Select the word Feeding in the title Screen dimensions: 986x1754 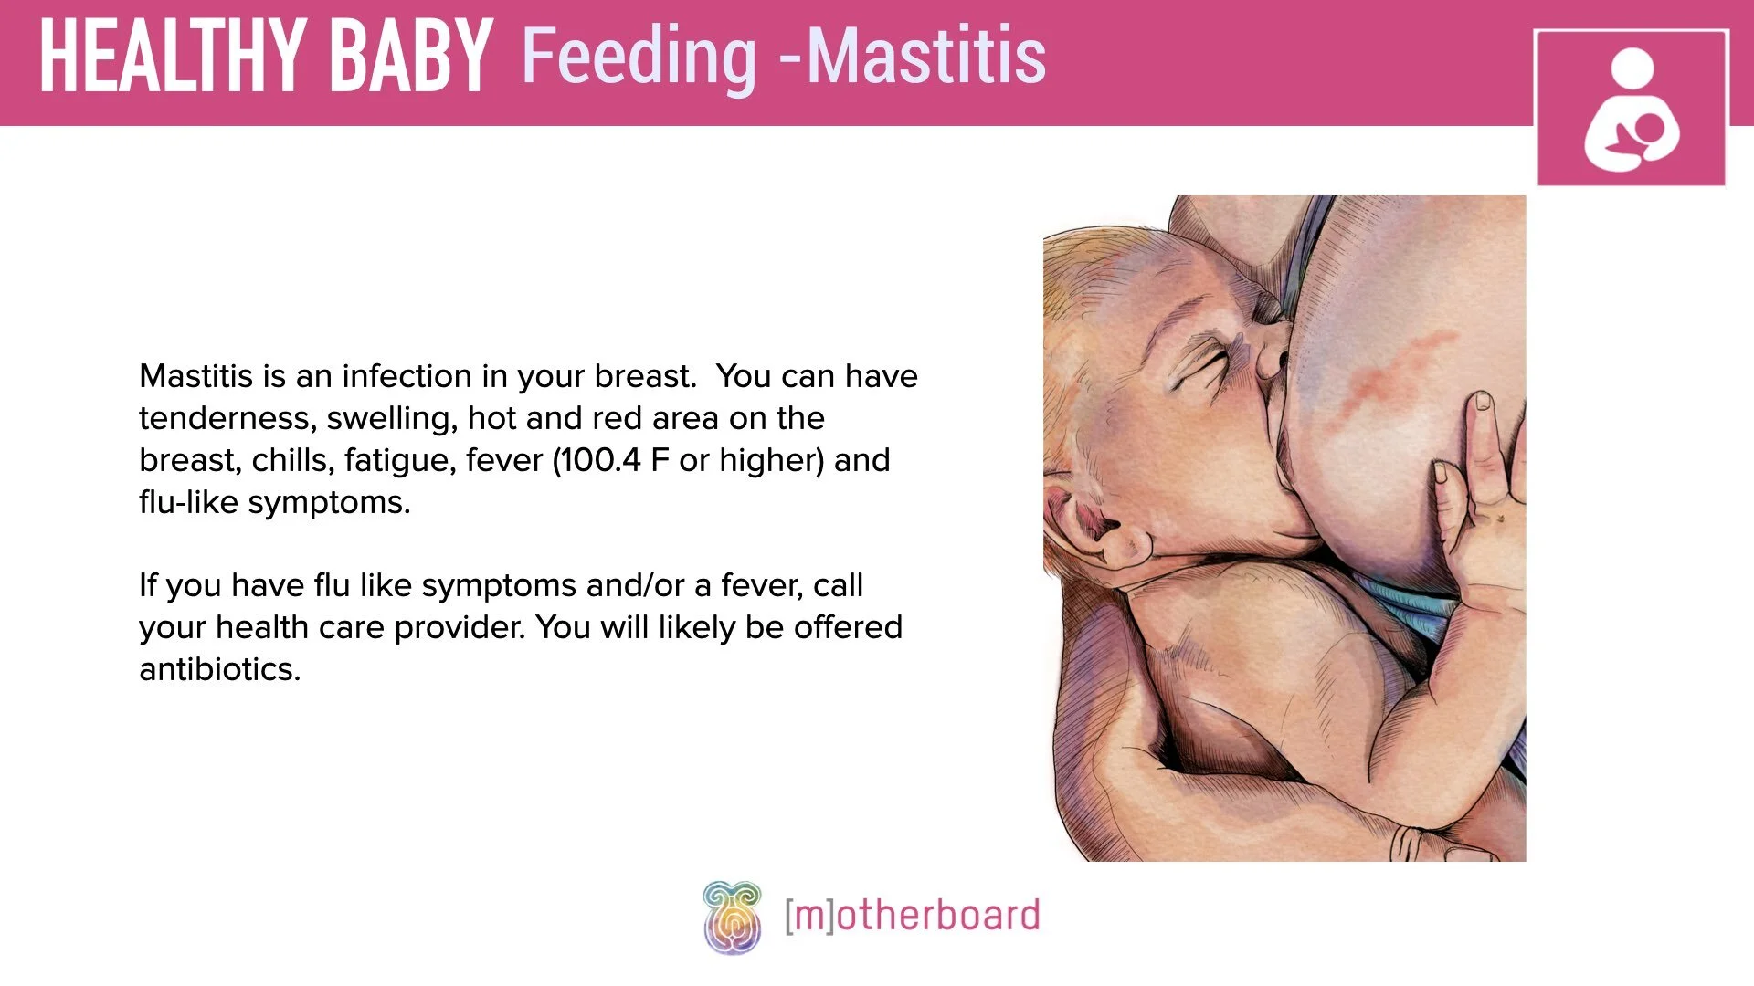639,57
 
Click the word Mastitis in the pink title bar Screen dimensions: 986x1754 926,57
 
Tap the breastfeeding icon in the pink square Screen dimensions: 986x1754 1632,110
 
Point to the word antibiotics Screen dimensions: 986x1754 219,669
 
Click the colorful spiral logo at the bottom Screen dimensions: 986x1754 732,917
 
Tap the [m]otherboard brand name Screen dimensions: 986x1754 912,916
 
